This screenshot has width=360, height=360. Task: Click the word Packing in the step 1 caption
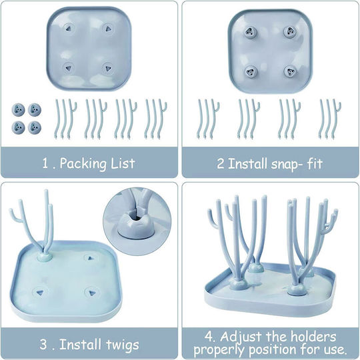pos(83,164)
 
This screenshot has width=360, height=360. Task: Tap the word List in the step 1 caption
pos(123,163)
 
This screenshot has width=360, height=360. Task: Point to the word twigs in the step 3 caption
pos(123,345)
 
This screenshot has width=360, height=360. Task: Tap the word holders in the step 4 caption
pos(313,337)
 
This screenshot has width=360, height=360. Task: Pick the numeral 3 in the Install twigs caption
pos(43,345)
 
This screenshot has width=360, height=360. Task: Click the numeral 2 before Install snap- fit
pos(221,164)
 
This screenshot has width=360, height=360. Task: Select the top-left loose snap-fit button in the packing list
pos(19,110)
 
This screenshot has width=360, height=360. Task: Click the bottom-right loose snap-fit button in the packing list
pos(35,127)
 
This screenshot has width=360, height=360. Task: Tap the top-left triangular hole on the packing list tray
pos(68,29)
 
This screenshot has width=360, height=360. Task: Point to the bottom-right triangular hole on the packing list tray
pos(108,69)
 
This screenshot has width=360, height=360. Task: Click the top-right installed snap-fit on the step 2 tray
pos(289,32)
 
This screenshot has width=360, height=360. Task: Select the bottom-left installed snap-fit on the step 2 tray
pos(251,72)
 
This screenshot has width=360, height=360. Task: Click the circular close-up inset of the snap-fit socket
pos(137,221)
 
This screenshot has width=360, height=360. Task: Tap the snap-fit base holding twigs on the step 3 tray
pos(45,257)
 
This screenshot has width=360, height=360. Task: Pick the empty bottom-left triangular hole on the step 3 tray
pos(40,293)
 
